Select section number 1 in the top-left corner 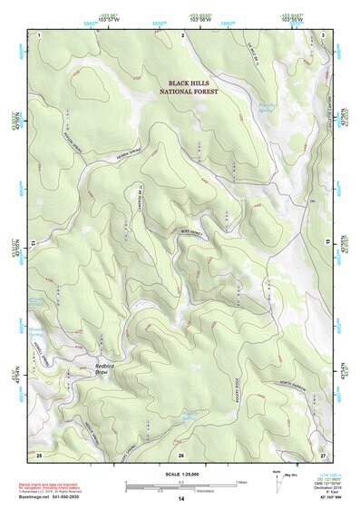click(x=40, y=34)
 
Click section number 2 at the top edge click(x=183, y=34)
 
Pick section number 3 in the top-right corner click(x=324, y=34)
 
